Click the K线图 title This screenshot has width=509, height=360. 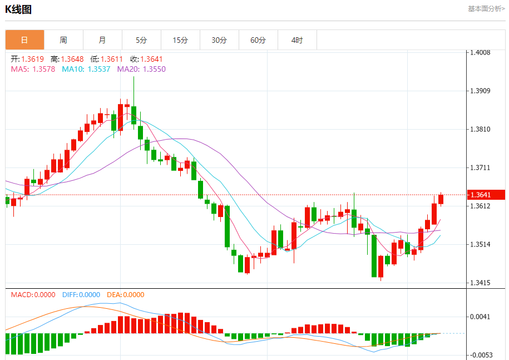click(18, 9)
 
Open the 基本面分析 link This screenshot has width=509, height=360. click(486, 9)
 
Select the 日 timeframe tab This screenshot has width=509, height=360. click(24, 40)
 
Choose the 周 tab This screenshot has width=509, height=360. click(63, 40)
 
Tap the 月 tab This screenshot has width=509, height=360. click(102, 40)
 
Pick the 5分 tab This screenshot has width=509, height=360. click(141, 40)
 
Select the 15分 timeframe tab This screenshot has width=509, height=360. click(180, 40)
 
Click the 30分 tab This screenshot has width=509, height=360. click(219, 40)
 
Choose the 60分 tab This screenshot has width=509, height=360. click(258, 40)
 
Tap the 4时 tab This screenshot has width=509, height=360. click(297, 40)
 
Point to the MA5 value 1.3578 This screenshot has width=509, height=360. click(43, 69)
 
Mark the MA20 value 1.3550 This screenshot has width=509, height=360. click(154, 69)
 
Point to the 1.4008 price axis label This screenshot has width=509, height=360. click(480, 53)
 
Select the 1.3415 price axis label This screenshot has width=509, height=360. click(480, 283)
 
